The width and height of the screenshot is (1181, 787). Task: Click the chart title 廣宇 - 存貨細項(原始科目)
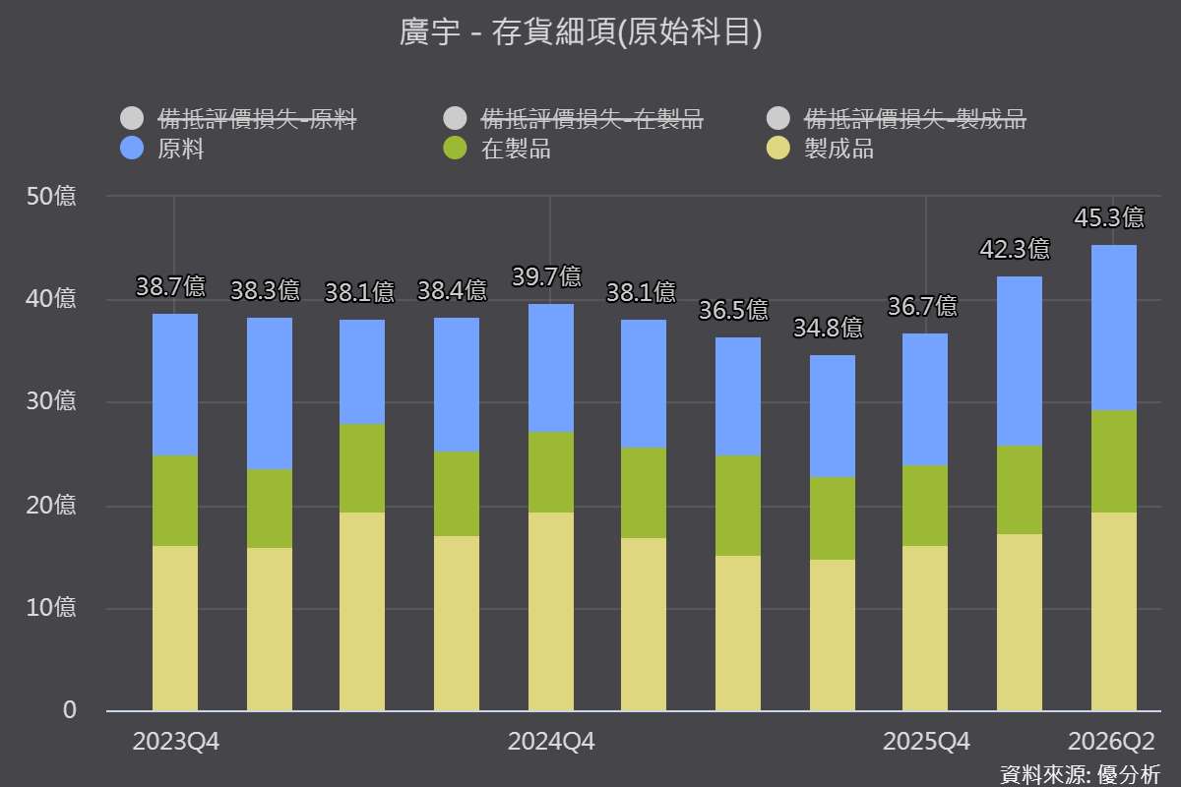(x=581, y=31)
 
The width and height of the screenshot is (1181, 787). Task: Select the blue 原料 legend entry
(x=162, y=149)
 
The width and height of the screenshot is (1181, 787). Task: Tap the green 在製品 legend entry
(x=497, y=149)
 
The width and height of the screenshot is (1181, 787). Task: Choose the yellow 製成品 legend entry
(x=821, y=149)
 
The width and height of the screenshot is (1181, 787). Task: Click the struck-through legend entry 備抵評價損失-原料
(x=238, y=119)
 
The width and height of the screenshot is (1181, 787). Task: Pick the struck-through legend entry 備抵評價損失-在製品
(x=573, y=119)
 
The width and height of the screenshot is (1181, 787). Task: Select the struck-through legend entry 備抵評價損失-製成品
(x=897, y=119)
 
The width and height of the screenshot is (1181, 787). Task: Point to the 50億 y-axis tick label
(x=51, y=196)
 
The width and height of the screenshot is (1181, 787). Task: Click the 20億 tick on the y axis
(x=51, y=505)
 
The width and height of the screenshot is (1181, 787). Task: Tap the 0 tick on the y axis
(x=70, y=710)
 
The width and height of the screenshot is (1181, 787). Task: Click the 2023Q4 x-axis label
(x=175, y=742)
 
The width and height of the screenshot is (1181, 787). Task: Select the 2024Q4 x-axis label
(x=551, y=742)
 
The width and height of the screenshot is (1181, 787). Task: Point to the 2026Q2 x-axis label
(x=1111, y=742)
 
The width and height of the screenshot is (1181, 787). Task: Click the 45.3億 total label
(x=1109, y=217)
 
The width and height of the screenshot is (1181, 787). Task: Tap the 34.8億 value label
(x=829, y=328)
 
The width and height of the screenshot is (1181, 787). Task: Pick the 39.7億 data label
(x=547, y=276)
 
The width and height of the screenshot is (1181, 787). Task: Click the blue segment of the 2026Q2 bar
(x=1113, y=328)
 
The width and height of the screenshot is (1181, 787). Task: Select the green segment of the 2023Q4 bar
(x=175, y=501)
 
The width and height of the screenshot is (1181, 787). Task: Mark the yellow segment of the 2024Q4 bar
(x=551, y=612)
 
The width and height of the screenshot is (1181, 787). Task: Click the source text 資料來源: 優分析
(x=1081, y=775)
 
